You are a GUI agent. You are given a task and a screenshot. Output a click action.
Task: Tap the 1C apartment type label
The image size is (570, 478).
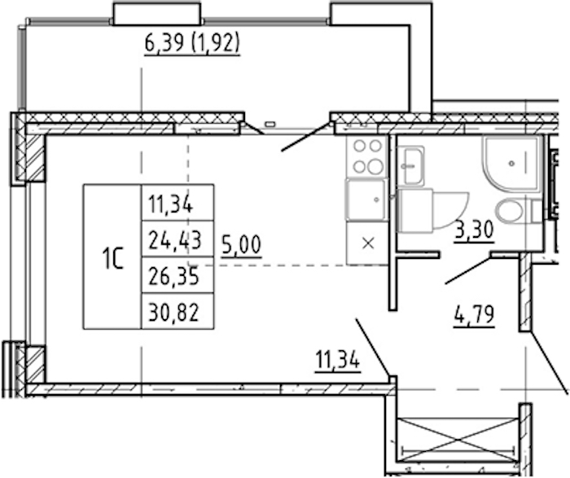coord(113,257)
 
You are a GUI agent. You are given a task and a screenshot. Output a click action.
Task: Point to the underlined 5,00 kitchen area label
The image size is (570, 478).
coord(241,245)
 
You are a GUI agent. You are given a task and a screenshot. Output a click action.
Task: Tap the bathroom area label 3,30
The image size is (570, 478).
coord(474,230)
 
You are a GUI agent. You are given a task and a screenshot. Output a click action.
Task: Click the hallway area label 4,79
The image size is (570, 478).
coord(474,315)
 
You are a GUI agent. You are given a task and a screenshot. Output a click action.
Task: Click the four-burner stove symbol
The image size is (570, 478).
coord(367,156)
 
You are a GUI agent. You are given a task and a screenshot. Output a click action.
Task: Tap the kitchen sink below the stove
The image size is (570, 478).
coord(366,200)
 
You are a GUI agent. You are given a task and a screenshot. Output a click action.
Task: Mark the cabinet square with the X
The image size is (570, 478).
coord(367,243)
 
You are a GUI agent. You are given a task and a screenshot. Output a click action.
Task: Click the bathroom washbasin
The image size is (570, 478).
coord(410,165)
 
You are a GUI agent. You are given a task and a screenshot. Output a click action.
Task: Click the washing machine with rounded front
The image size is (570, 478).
coord(432,211)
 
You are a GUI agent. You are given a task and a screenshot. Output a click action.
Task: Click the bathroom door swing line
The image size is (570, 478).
coord(468,270)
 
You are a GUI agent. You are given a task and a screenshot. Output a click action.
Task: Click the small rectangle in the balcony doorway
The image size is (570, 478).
coord(270,124)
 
